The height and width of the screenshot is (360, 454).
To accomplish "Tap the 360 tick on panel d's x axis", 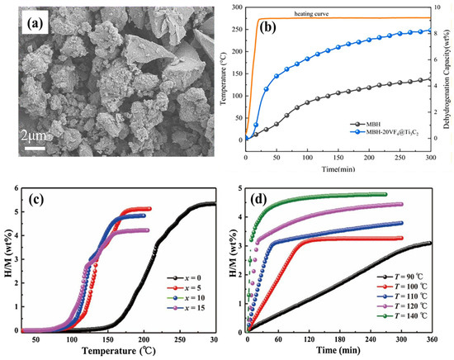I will (430, 339).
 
